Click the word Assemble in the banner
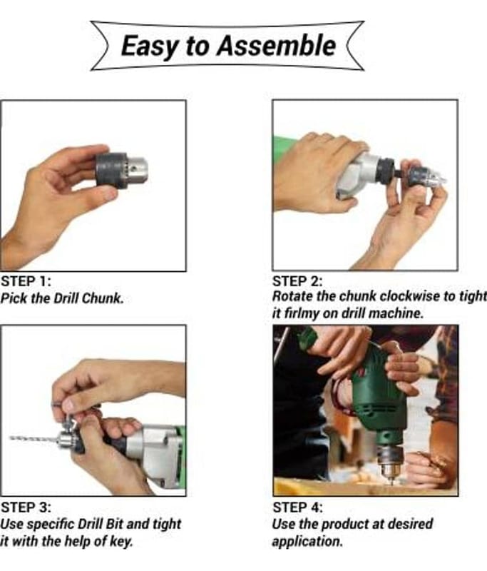276,46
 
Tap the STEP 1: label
26,281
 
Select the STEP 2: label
297,281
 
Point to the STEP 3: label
26,507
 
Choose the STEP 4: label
297,507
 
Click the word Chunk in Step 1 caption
103,298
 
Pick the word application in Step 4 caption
307,542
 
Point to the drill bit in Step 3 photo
34,438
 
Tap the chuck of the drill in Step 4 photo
390,462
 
